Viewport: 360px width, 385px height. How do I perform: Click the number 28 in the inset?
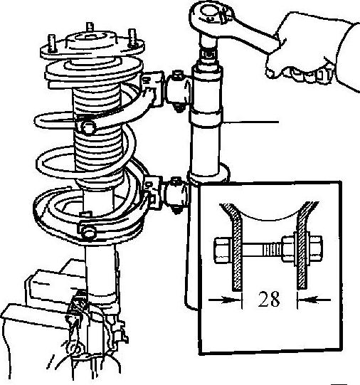[x=269, y=299]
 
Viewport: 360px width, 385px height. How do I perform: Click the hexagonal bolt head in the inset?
[x=223, y=250]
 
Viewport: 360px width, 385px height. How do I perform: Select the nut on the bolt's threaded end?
[x=289, y=249]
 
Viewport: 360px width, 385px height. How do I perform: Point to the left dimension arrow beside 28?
[x=225, y=300]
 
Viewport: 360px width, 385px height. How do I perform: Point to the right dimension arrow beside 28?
[x=314, y=300]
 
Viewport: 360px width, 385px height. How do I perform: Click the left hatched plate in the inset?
[x=234, y=246]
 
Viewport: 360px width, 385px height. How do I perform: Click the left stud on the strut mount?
[x=52, y=43]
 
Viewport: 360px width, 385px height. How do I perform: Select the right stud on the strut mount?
[x=132, y=38]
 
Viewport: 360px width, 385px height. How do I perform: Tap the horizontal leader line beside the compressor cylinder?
[x=250, y=122]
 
